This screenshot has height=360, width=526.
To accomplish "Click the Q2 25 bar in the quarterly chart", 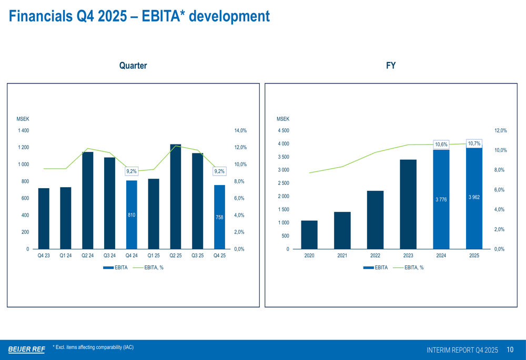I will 176,197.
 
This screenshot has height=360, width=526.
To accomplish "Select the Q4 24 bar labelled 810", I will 131,215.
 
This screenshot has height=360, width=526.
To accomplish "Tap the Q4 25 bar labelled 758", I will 219,217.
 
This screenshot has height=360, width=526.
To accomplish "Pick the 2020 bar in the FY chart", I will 309,234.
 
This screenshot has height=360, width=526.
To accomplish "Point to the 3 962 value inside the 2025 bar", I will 474,197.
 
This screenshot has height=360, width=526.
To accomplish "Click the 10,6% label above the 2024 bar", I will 441,144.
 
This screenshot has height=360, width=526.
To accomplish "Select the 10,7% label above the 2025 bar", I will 474,143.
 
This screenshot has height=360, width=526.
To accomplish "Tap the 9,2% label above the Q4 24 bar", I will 131,171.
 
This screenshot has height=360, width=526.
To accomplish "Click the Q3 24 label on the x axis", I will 109,256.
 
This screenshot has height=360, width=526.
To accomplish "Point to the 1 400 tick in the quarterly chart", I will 23,131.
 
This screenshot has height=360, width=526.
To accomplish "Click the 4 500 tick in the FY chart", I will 283,131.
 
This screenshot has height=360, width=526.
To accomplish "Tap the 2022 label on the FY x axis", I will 375,256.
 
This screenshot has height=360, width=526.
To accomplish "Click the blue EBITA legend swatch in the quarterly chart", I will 108,268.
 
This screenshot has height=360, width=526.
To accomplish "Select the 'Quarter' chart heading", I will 133,66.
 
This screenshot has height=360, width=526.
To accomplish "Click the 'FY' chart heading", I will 391,66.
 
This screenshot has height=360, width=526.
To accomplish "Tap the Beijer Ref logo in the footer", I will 26,349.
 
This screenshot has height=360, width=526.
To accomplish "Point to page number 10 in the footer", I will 510,349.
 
